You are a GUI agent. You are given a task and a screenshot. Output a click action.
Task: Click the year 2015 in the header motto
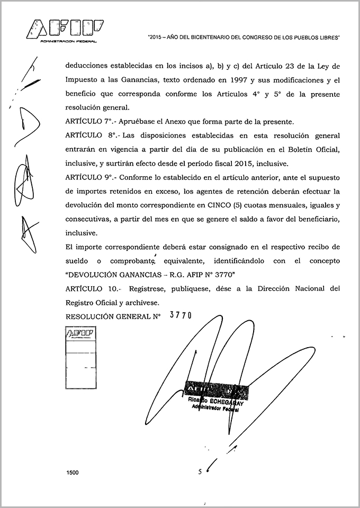click(158, 37)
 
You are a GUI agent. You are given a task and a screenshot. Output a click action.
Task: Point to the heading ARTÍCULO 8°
click(86, 136)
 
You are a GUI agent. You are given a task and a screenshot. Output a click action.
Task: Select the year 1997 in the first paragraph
click(238, 81)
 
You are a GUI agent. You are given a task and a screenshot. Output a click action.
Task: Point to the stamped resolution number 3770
click(179, 315)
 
